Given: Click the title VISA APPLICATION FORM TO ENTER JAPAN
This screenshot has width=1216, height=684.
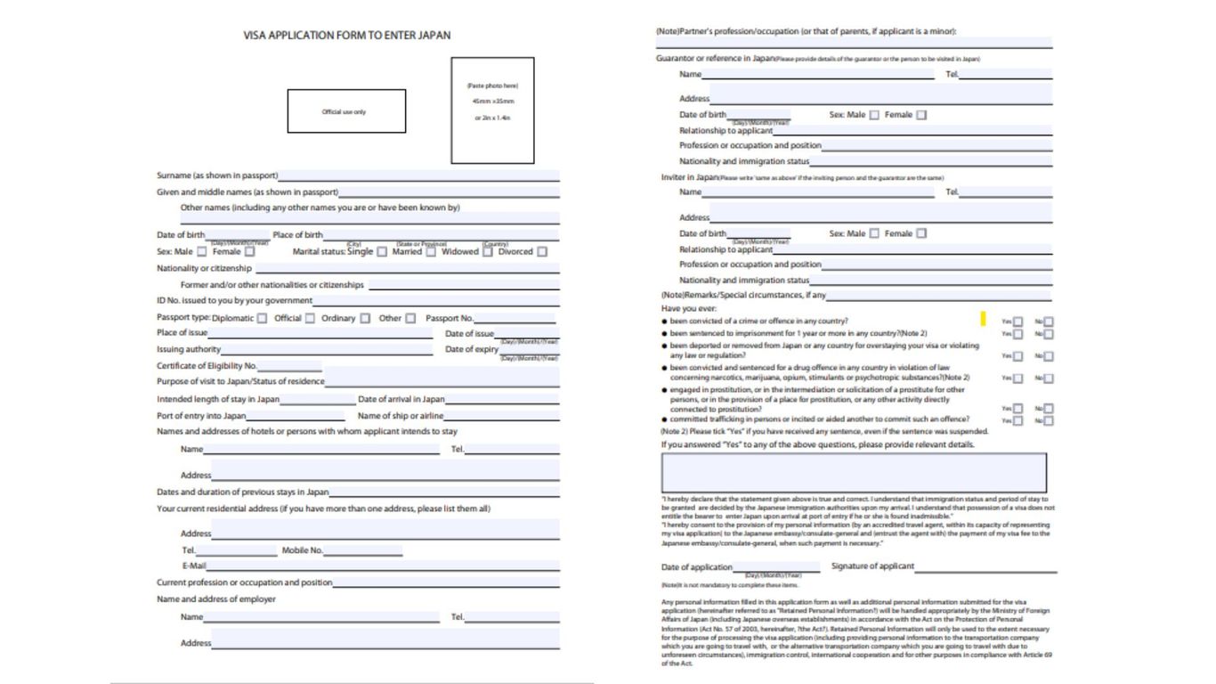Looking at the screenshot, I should coord(347,36).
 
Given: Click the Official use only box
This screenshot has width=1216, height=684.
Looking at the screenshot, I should coord(346,111).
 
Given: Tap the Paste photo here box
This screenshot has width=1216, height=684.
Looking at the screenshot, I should coord(492,110).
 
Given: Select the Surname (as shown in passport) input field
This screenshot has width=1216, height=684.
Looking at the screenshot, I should coord(418,175).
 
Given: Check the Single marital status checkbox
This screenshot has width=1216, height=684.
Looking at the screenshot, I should coord(382,252).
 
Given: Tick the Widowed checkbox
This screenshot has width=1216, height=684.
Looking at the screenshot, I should coord(488,252).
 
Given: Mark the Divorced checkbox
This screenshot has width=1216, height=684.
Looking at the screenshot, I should coord(542,252).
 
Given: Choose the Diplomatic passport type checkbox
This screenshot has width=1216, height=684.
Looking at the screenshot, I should coord(262,318).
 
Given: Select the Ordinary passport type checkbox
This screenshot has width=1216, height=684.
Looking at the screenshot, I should coord(365,318).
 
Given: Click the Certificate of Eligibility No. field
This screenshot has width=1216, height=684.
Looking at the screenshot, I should coord(289,366).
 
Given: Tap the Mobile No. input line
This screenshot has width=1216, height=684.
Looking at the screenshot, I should coord(362,550).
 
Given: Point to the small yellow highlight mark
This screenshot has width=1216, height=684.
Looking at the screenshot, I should coord(983,318).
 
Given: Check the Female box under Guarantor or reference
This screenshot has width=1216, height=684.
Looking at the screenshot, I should coord(921,115).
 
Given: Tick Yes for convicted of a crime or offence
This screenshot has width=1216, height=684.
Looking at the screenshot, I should coord(1018,322).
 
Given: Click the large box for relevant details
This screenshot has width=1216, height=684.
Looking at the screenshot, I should coord(854,472).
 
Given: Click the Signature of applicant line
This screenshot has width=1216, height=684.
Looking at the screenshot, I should coord(985,566).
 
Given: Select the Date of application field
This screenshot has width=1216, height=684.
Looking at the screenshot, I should coord(775,567).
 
